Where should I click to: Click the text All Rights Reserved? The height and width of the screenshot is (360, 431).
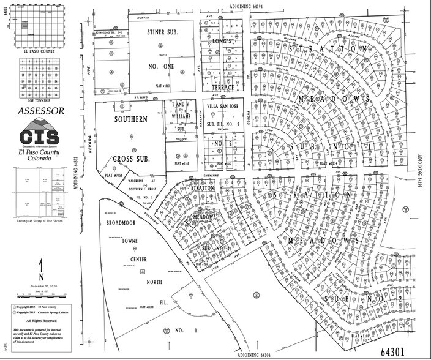tap(40, 320)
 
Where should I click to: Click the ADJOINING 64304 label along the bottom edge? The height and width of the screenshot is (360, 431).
tap(249, 354)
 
